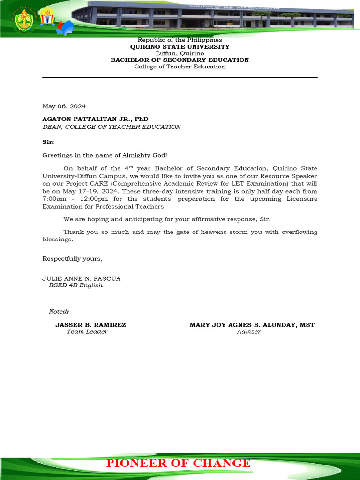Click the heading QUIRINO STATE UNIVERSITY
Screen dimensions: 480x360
pos(180,47)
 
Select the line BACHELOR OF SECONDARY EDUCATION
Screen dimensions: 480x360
pos(180,60)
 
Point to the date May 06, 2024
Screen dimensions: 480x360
pos(64,106)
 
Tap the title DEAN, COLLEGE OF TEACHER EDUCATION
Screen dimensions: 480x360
pos(112,127)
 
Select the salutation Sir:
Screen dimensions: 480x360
pos(48,142)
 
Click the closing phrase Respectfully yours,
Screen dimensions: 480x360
pos(73,258)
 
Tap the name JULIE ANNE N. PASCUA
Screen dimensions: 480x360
pos(82,278)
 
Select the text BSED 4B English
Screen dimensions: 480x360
pos(75,285)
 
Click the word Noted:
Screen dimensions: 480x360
pos(59,312)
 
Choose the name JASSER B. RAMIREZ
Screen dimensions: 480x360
pos(90,325)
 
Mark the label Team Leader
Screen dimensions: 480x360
pos(87,331)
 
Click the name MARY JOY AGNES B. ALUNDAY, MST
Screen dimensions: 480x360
pos(252,325)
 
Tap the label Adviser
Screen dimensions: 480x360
pos(248,331)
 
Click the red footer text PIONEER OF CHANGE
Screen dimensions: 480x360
pos(179,463)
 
